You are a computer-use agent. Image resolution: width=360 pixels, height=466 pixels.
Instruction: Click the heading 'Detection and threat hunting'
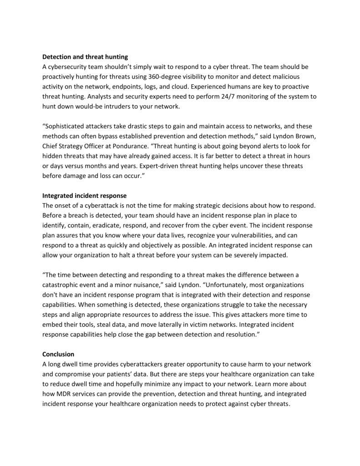[85, 57]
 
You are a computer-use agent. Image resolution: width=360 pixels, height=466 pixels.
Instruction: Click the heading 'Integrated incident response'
[85, 196]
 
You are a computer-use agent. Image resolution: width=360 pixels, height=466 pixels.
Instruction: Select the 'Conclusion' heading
[58, 354]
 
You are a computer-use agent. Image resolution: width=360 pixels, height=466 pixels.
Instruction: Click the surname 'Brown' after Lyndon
[291, 136]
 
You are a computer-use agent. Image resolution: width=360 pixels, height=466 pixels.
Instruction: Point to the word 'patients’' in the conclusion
[130, 374]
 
